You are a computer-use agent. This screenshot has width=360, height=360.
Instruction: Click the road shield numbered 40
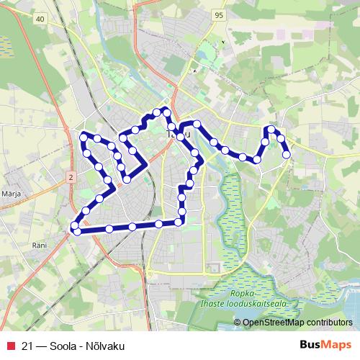39,19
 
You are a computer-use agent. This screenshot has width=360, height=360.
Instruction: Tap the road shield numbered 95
219,14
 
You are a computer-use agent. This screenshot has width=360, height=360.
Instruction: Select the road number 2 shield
71,176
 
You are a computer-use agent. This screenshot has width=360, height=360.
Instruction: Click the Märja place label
11,194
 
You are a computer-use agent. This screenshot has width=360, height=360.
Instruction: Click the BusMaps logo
325,346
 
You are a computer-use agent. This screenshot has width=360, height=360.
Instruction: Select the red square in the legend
10,346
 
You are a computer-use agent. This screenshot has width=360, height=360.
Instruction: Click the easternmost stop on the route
287,154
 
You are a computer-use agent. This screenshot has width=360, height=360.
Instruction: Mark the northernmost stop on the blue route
165,110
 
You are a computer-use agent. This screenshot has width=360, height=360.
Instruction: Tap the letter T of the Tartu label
169,135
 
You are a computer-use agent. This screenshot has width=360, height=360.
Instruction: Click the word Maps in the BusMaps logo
338,346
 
